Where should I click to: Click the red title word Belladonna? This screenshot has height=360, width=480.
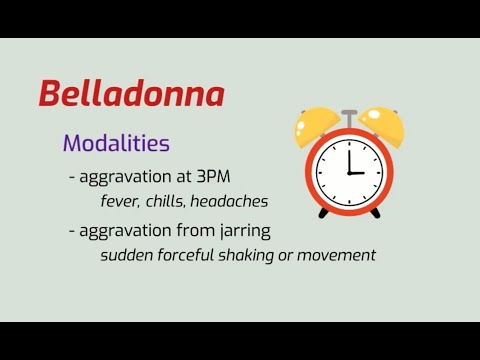point(131,94)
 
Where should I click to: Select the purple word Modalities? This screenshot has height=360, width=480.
point(116,143)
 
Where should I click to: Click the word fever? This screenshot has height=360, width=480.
point(121,201)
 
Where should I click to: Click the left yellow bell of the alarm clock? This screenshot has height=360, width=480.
point(318,127)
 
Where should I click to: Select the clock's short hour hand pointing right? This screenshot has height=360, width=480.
point(358,172)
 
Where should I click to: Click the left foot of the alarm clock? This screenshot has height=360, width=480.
point(323,213)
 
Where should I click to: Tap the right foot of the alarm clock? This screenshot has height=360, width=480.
point(375,213)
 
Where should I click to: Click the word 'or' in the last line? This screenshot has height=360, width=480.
point(294,255)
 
